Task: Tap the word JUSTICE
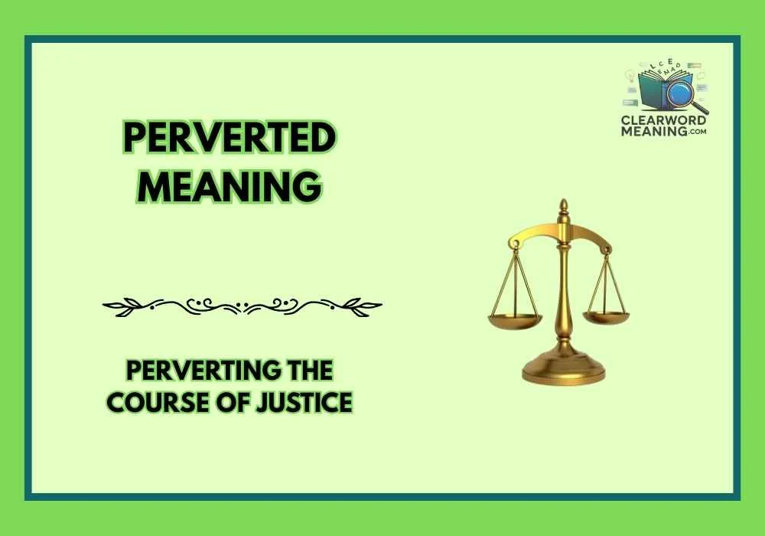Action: pos(307,402)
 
